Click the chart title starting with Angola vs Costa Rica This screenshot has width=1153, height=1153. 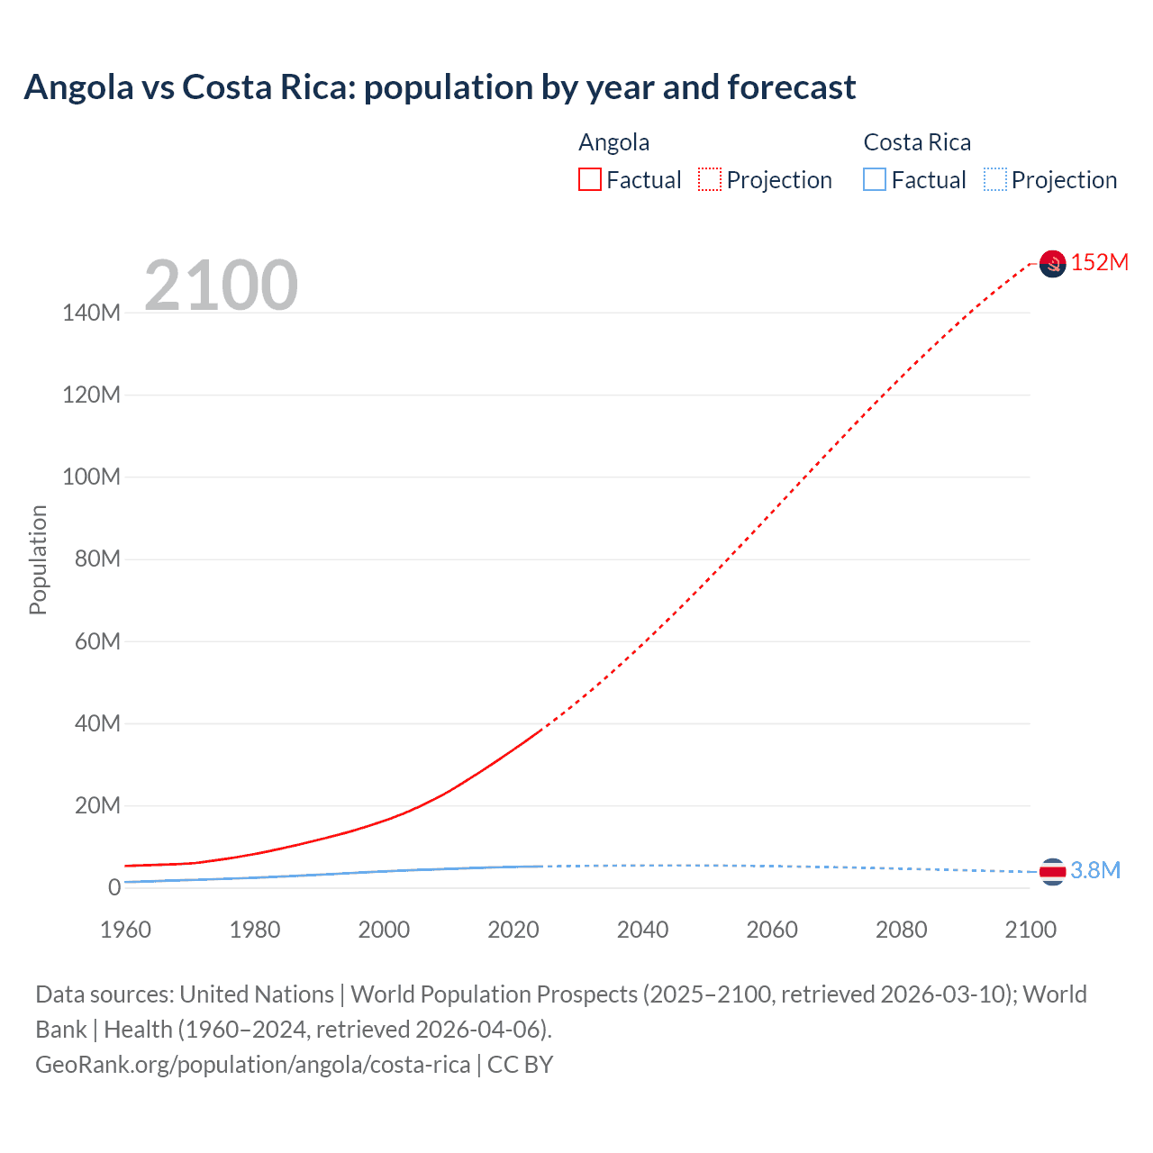(x=440, y=87)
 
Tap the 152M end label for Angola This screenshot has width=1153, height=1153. (x=1099, y=262)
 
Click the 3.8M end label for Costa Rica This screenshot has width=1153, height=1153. (x=1095, y=870)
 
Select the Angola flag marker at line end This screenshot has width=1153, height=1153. (x=1052, y=263)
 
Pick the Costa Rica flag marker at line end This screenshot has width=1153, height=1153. (x=1052, y=871)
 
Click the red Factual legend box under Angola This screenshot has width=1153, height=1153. (x=590, y=179)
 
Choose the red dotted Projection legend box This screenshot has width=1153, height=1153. (x=710, y=179)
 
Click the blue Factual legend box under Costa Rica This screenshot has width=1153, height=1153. (x=875, y=179)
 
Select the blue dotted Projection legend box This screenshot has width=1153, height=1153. (x=995, y=179)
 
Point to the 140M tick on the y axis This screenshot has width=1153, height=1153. (x=91, y=313)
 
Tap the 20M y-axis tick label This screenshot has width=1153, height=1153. (x=96, y=805)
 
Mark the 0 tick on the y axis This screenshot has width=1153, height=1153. (x=114, y=887)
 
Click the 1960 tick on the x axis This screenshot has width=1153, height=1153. (x=125, y=930)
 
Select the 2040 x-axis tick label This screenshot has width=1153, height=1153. (x=642, y=930)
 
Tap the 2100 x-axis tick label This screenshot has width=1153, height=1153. (x=1030, y=930)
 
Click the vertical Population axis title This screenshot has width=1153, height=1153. (x=38, y=559)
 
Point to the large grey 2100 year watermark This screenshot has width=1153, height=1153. (x=221, y=286)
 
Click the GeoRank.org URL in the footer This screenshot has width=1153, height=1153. (x=252, y=1065)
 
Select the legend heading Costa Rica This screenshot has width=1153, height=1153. (x=917, y=142)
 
